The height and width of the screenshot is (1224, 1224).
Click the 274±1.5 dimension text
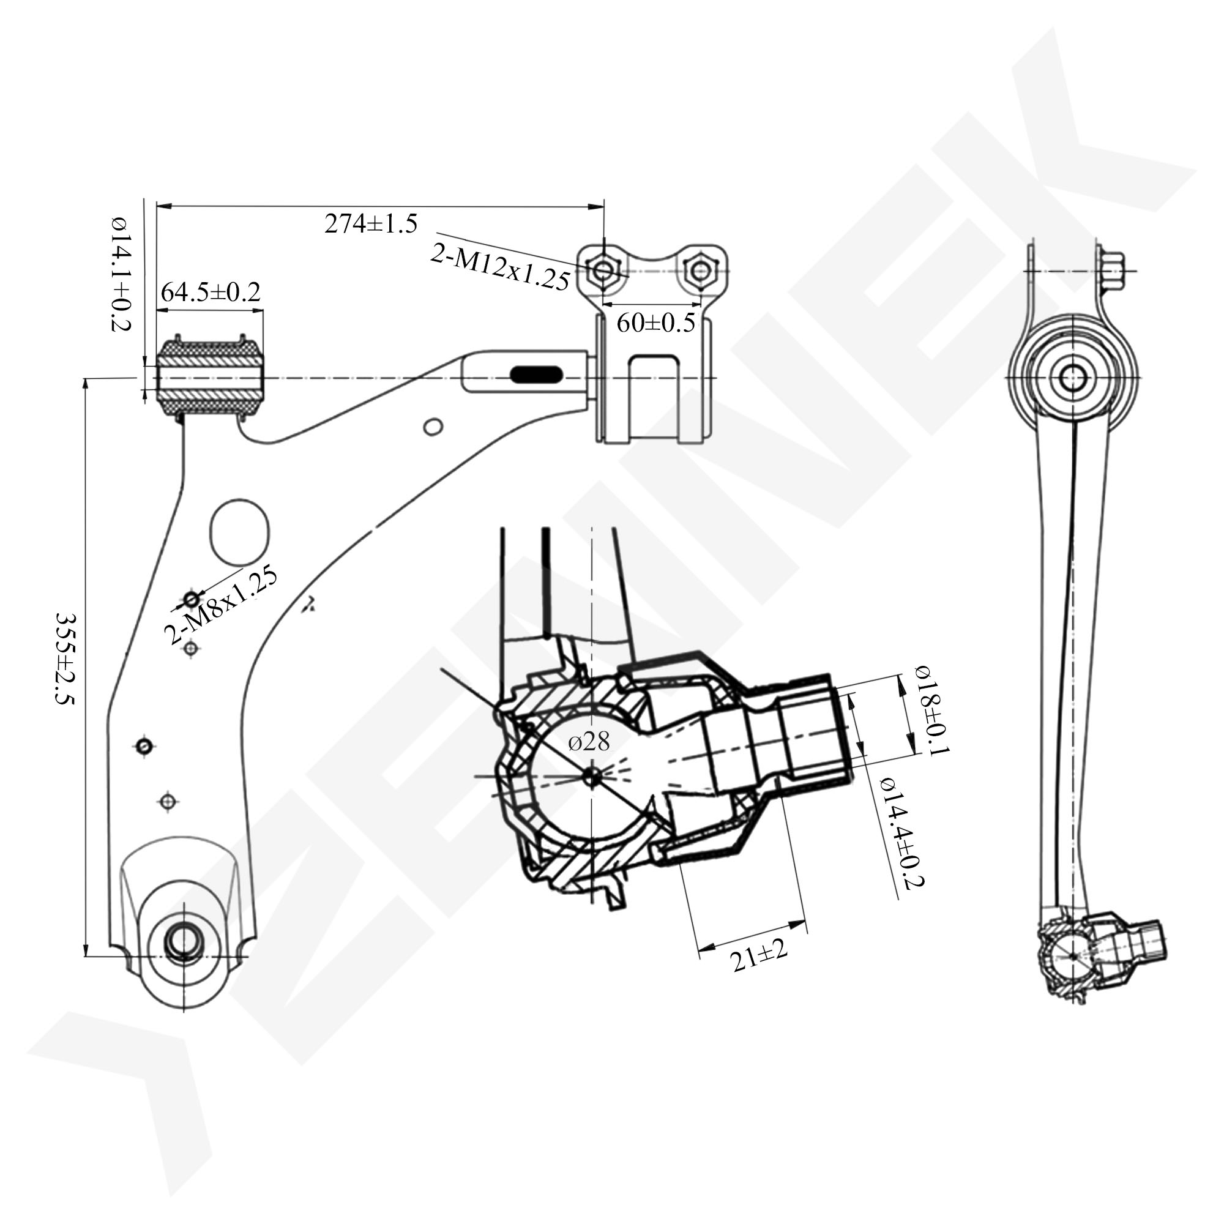(371, 223)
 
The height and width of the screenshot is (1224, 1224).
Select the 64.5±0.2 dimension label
(211, 292)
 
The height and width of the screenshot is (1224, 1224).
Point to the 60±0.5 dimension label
(655, 323)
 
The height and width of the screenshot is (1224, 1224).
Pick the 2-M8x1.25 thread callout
(220, 605)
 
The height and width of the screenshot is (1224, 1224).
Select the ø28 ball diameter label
(589, 741)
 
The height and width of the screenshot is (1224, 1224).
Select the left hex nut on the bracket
(604, 271)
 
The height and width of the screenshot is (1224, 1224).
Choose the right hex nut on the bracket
(700, 271)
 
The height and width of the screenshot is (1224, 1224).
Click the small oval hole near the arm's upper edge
(433, 427)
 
